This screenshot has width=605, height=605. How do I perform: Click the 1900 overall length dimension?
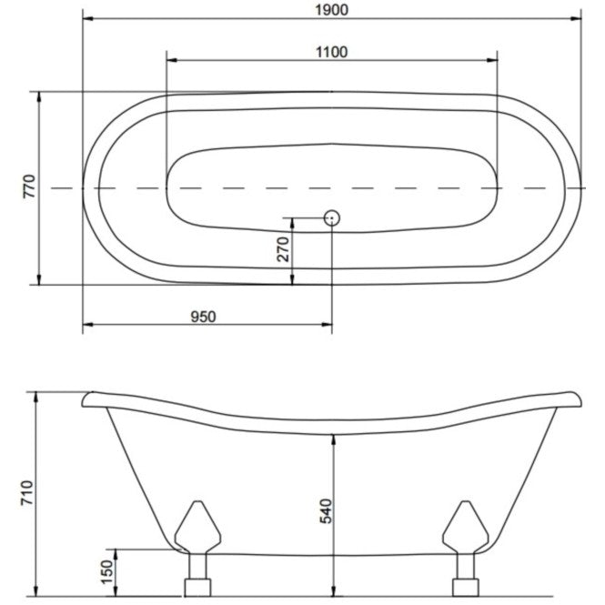(331, 10)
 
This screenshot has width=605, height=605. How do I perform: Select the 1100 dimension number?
(331, 52)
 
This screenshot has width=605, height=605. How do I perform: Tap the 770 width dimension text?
(30, 187)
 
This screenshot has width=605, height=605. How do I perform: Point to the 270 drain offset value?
(284, 249)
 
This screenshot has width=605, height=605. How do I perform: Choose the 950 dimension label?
(204, 317)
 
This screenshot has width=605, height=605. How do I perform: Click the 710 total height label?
(28, 493)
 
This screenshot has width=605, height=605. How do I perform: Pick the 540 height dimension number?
(327, 511)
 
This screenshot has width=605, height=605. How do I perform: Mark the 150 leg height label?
(108, 572)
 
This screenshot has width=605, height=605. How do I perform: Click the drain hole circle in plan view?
(331, 218)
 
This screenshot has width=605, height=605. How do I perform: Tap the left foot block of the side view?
(197, 587)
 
